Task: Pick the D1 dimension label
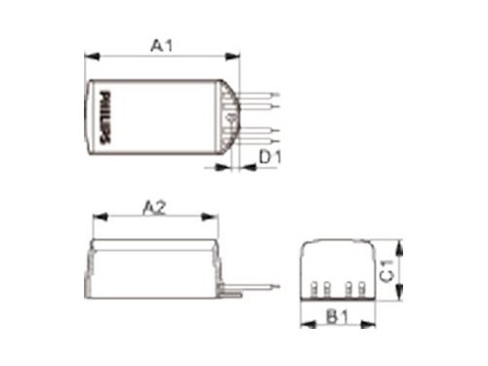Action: coord(271,155)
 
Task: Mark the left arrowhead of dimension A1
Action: coord(89,57)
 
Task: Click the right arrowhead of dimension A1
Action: coord(237,57)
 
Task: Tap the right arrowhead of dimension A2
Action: coord(216,219)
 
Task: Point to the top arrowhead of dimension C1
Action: coord(399,243)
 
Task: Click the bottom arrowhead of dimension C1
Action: coord(399,297)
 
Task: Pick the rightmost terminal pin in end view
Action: coord(362,290)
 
